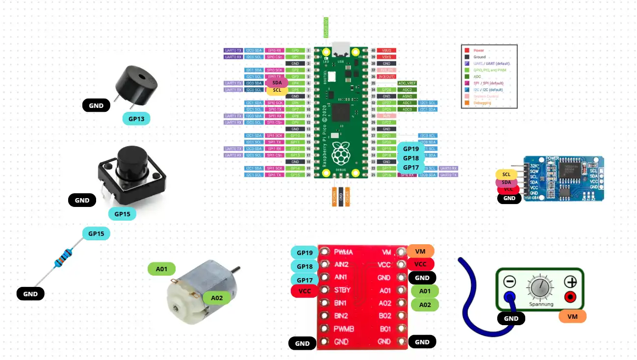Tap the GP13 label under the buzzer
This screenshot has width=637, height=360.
click(x=136, y=119)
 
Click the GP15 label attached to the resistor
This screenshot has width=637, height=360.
click(x=96, y=234)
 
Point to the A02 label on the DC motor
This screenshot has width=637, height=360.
click(x=216, y=298)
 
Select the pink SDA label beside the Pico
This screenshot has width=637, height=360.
click(x=277, y=83)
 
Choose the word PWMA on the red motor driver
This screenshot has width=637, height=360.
click(x=343, y=252)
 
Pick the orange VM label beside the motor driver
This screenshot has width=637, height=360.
click(x=420, y=251)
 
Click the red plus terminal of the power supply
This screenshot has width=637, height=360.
click(x=570, y=297)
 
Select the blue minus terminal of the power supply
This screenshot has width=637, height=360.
click(x=510, y=297)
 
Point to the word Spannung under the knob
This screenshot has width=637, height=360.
click(x=541, y=305)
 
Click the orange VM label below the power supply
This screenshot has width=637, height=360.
click(x=572, y=317)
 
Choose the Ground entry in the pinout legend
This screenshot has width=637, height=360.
click(x=480, y=57)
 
